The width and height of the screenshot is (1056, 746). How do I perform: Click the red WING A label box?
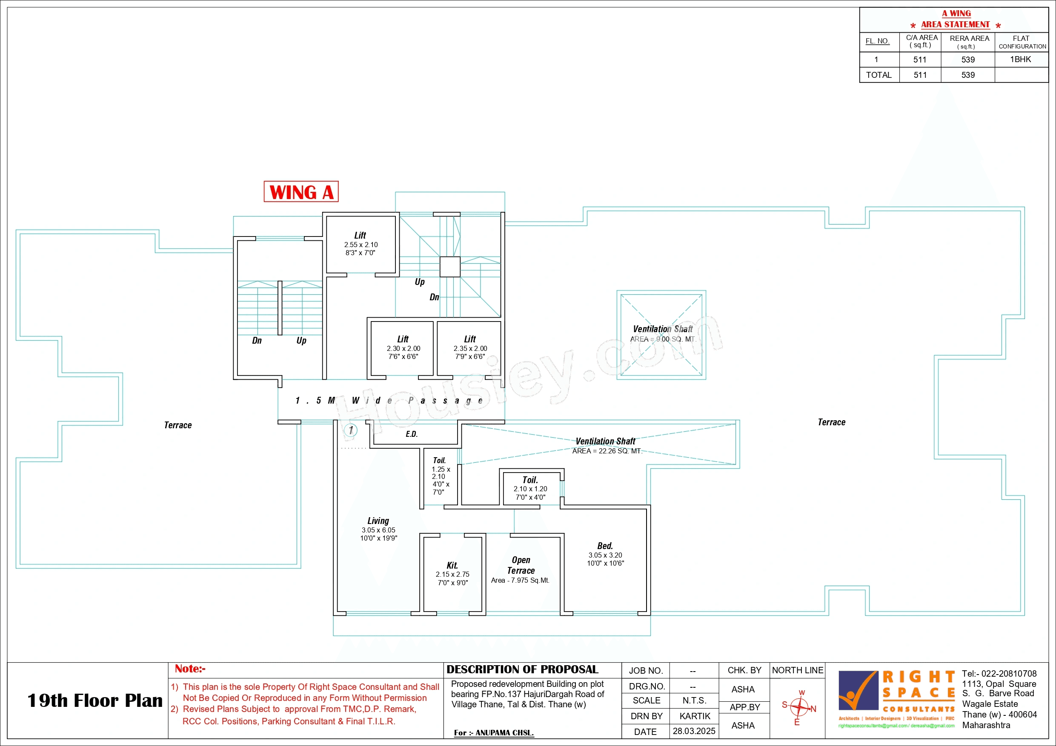[x=301, y=192]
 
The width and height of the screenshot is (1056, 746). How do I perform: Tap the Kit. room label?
[x=452, y=566]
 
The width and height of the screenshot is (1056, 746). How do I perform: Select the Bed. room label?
[x=605, y=546]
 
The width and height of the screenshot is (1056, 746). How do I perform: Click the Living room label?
[x=378, y=521]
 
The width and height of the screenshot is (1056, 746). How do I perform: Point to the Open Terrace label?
[x=521, y=565]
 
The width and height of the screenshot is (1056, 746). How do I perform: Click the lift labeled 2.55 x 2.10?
[x=361, y=244]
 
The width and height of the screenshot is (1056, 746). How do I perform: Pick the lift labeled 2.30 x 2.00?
[x=403, y=347]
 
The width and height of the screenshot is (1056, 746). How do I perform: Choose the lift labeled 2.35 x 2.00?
[x=469, y=347]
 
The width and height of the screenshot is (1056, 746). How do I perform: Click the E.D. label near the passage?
[x=412, y=434]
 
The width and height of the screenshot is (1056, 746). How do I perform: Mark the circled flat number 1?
[x=351, y=430]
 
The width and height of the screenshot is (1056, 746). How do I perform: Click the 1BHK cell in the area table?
[x=1020, y=59]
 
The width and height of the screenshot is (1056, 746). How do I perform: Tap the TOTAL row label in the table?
[x=879, y=75]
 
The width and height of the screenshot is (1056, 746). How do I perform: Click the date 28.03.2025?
[x=694, y=731]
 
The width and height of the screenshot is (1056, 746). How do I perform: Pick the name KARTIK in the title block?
[x=695, y=716]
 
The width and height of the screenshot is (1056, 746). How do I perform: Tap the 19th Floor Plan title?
[x=95, y=700]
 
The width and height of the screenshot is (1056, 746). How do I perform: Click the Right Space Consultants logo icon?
[x=857, y=690]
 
